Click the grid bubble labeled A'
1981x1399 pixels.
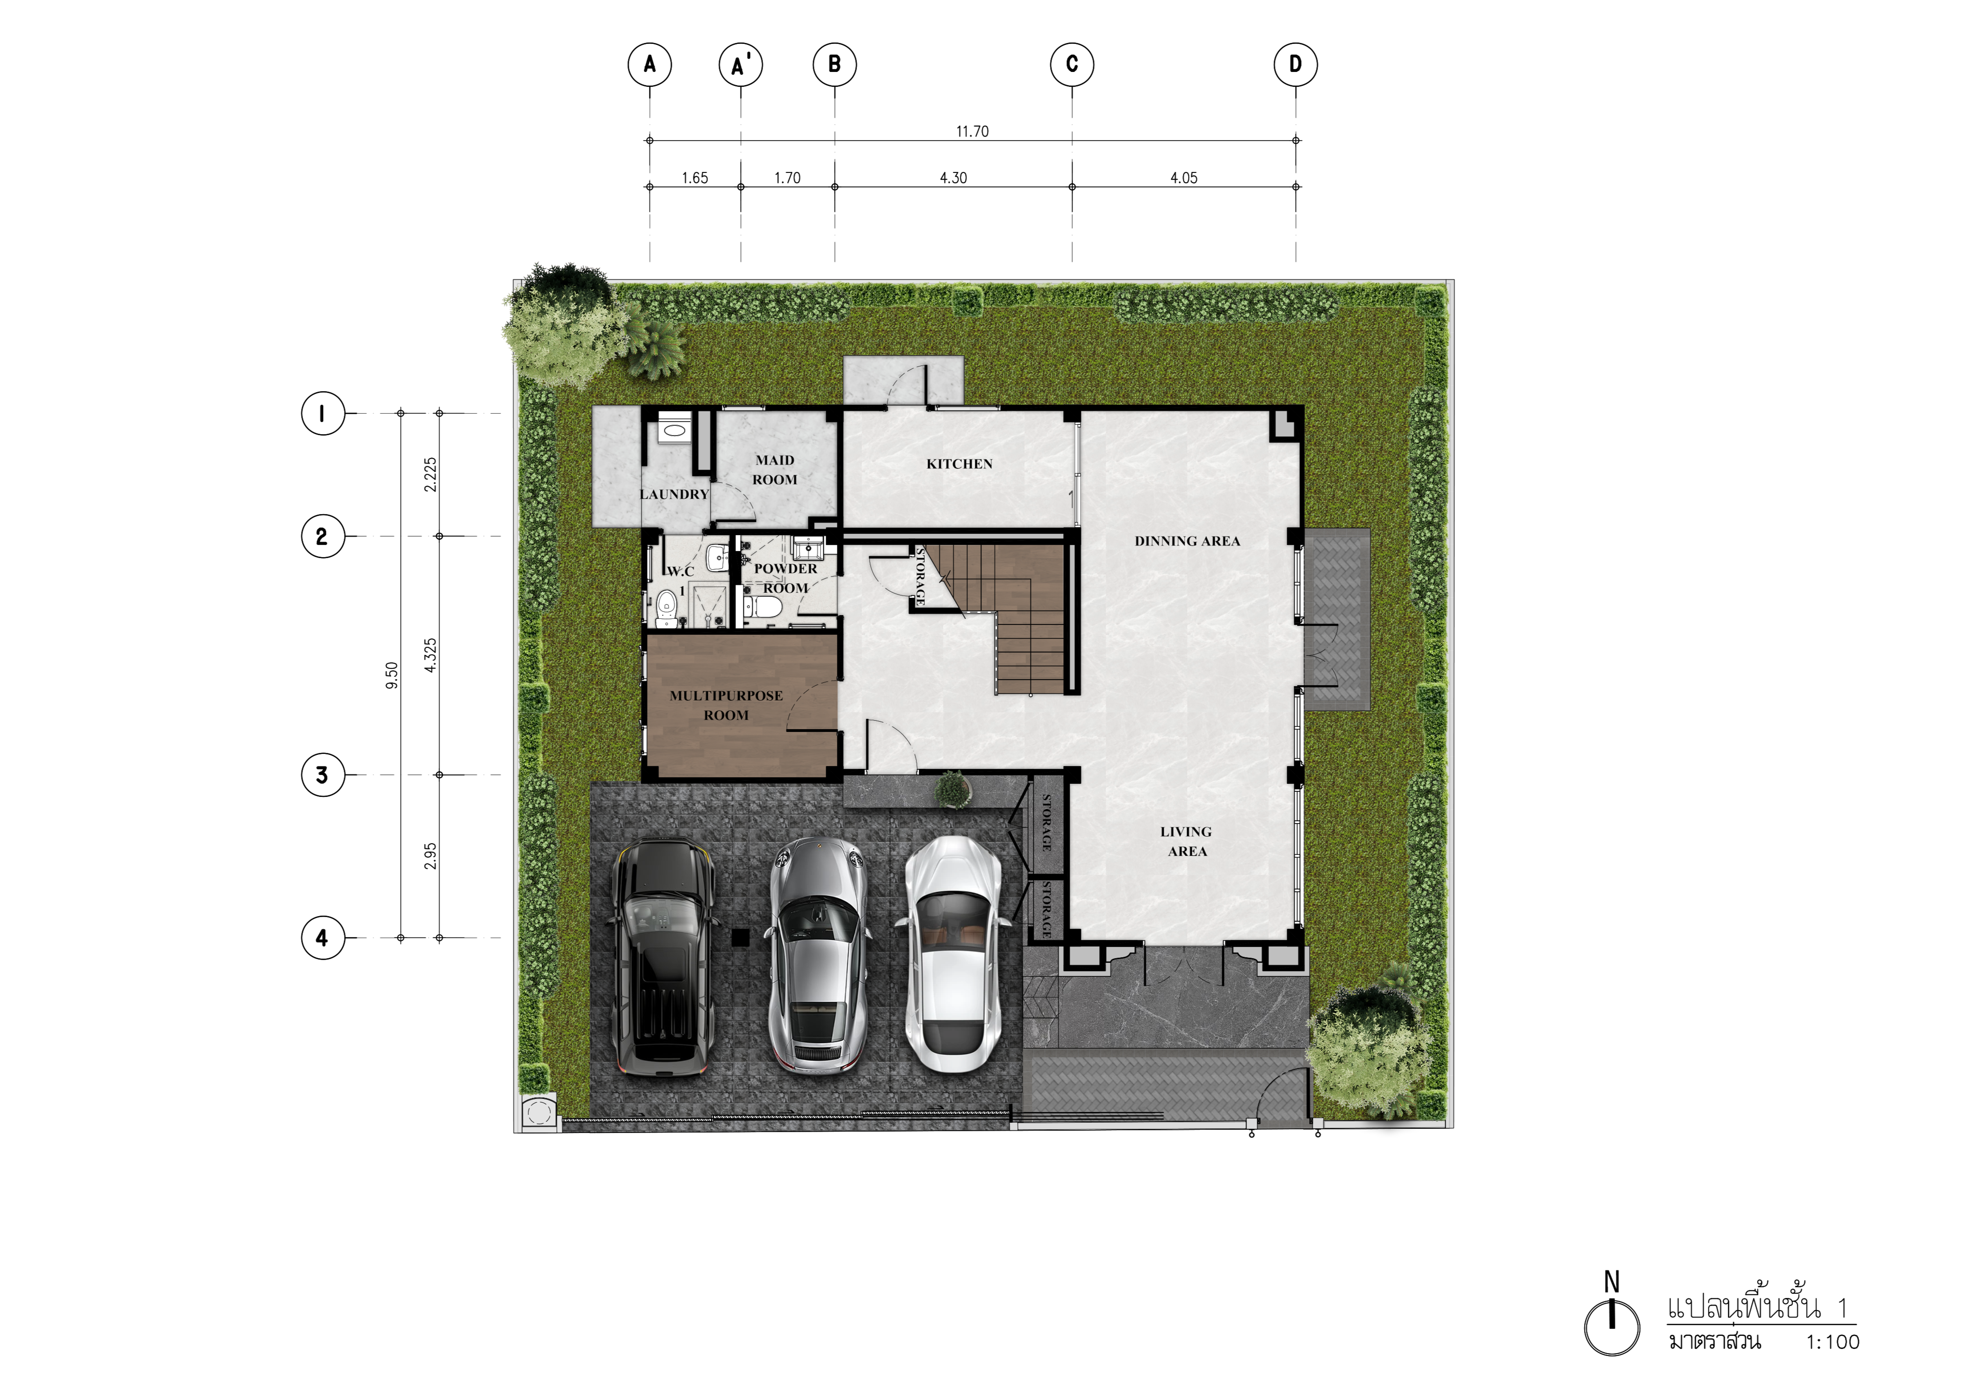[740, 65]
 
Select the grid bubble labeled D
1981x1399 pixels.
[1295, 65]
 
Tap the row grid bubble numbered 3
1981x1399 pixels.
[322, 775]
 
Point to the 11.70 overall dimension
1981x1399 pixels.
[972, 131]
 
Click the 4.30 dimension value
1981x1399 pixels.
[953, 178]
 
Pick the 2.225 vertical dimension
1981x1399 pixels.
[431, 474]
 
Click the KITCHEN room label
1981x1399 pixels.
[959, 464]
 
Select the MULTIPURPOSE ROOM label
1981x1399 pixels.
[727, 705]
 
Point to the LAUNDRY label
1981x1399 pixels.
[674, 494]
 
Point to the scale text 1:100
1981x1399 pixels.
[1833, 1342]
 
